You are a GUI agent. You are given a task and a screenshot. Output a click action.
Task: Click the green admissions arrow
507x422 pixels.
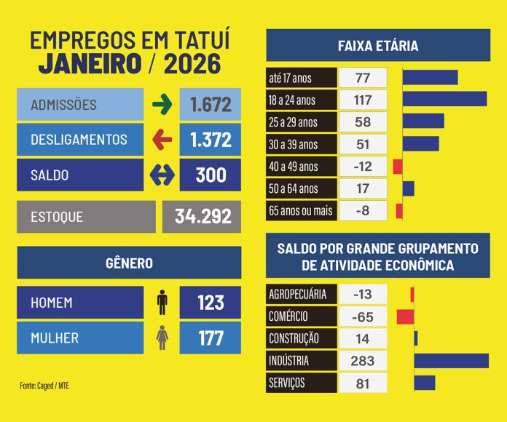click(x=162, y=105)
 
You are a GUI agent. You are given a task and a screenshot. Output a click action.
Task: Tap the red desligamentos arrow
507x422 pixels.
click(x=162, y=140)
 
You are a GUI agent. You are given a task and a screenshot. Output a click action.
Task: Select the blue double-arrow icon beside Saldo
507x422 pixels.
click(x=162, y=175)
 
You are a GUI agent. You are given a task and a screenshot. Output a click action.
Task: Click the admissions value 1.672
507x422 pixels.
click(x=211, y=105)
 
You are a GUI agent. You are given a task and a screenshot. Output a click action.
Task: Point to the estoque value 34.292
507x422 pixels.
click(x=202, y=216)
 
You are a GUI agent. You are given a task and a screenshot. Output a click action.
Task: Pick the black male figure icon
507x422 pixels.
click(x=162, y=302)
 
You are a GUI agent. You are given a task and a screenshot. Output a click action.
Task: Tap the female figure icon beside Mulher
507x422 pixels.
click(x=162, y=338)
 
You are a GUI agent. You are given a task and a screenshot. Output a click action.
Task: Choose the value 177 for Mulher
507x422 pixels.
click(x=211, y=338)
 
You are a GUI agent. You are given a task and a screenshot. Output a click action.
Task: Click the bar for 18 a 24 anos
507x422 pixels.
click(x=444, y=99)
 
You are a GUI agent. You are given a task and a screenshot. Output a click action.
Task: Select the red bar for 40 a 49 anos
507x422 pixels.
click(x=398, y=167)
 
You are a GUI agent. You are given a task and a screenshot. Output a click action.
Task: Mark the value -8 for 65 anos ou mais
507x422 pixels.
click(x=362, y=211)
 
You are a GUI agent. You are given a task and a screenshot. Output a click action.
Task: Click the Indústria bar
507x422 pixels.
click(x=452, y=361)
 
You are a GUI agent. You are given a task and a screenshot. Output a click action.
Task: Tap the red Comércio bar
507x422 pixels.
click(x=405, y=316)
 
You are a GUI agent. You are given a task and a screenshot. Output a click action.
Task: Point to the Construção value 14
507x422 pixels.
click(x=362, y=338)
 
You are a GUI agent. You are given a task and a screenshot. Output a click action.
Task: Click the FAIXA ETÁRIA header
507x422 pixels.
click(x=378, y=46)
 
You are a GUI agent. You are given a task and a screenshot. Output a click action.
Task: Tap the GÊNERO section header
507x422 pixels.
click(x=129, y=263)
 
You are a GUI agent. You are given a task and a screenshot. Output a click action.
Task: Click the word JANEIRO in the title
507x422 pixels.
click(x=90, y=64)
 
